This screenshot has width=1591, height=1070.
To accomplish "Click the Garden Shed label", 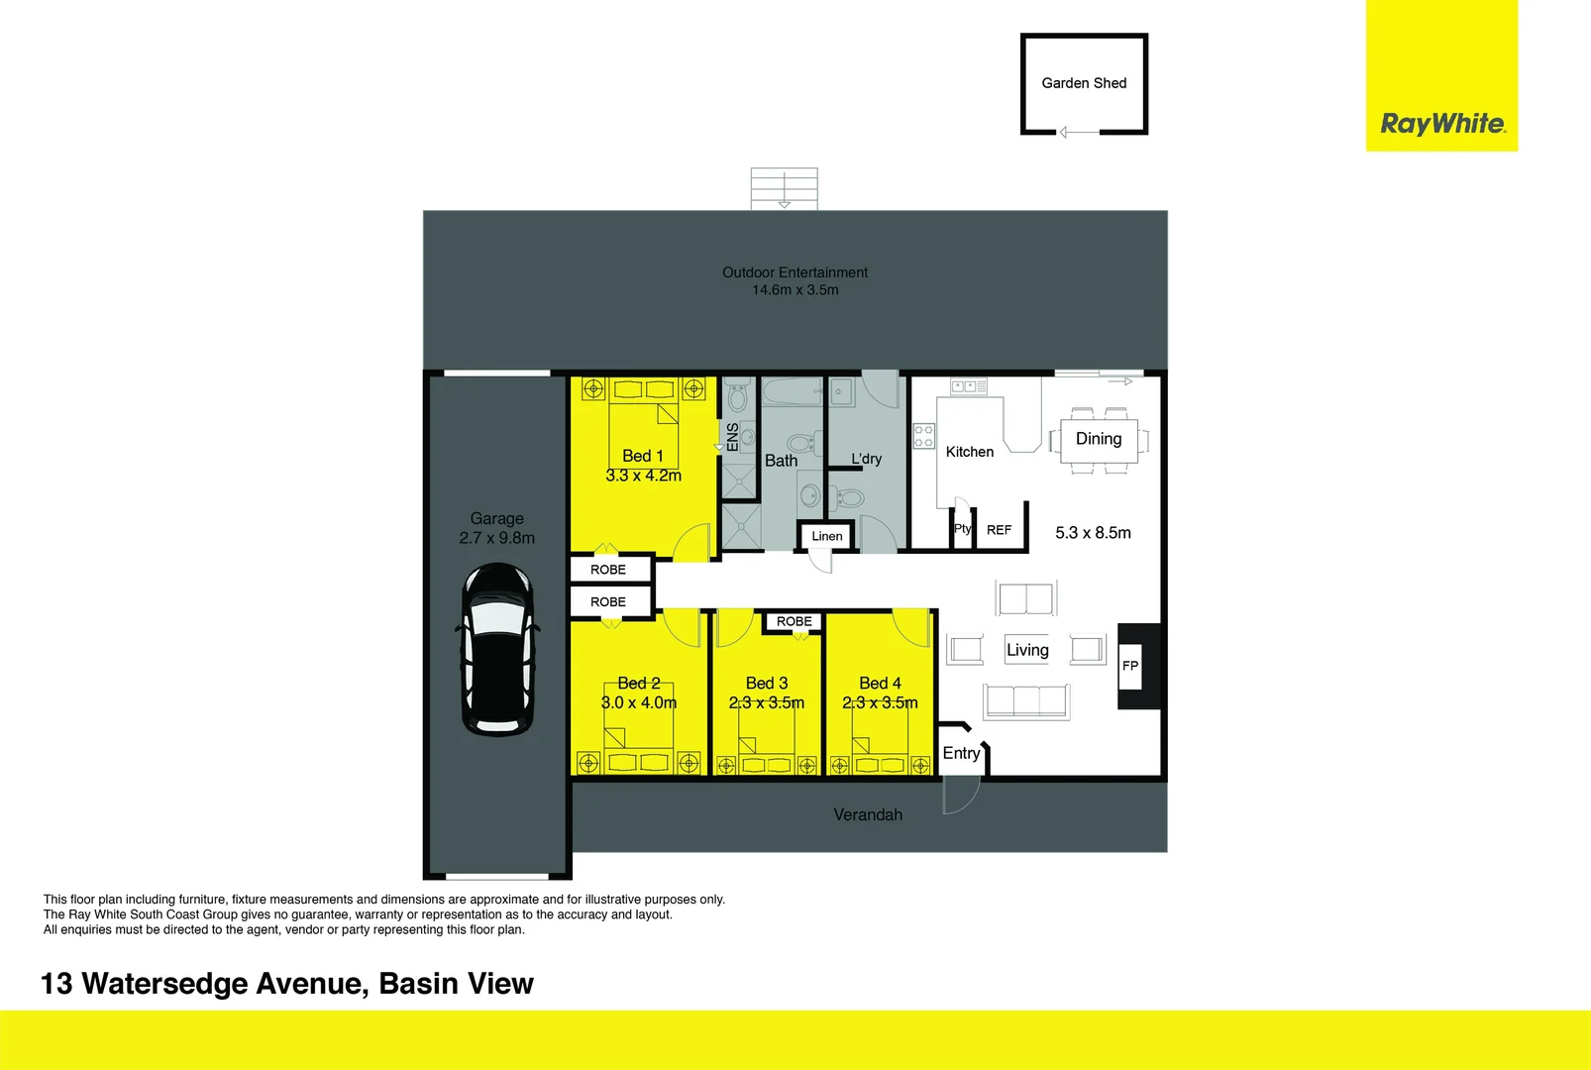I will pyautogui.click(x=1084, y=83).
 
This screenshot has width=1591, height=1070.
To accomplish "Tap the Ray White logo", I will pyautogui.click(x=1442, y=124).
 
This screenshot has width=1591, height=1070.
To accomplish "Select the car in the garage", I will pyautogui.click(x=497, y=650).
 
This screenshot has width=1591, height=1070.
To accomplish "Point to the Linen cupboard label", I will pyautogui.click(x=827, y=536).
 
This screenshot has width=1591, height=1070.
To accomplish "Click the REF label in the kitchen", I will pyautogui.click(x=999, y=530).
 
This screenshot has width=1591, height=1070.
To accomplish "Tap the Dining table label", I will pyautogui.click(x=1099, y=439).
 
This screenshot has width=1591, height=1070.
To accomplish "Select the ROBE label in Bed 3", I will pyautogui.click(x=794, y=621).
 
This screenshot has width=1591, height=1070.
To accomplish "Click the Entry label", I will pyautogui.click(x=961, y=753).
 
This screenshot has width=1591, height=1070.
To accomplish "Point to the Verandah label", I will pyautogui.click(x=868, y=814).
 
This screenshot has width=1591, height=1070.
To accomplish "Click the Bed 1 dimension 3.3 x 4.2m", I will pyautogui.click(x=644, y=476).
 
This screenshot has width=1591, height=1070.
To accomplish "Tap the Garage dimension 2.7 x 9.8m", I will pyautogui.click(x=496, y=538).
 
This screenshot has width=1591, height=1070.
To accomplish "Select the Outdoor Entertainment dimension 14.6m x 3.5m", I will pyautogui.click(x=795, y=290).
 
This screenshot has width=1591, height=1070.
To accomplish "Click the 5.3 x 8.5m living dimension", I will pyautogui.click(x=1093, y=533).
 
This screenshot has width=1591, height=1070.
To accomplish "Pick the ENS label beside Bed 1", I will pyautogui.click(x=732, y=437).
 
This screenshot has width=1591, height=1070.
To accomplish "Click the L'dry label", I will pyautogui.click(x=866, y=459).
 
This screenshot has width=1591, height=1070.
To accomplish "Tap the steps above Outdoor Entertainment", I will pyautogui.click(x=784, y=188).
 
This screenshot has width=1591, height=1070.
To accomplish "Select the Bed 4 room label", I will pyautogui.click(x=880, y=683).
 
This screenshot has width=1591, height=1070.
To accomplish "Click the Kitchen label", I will pyautogui.click(x=969, y=452).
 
